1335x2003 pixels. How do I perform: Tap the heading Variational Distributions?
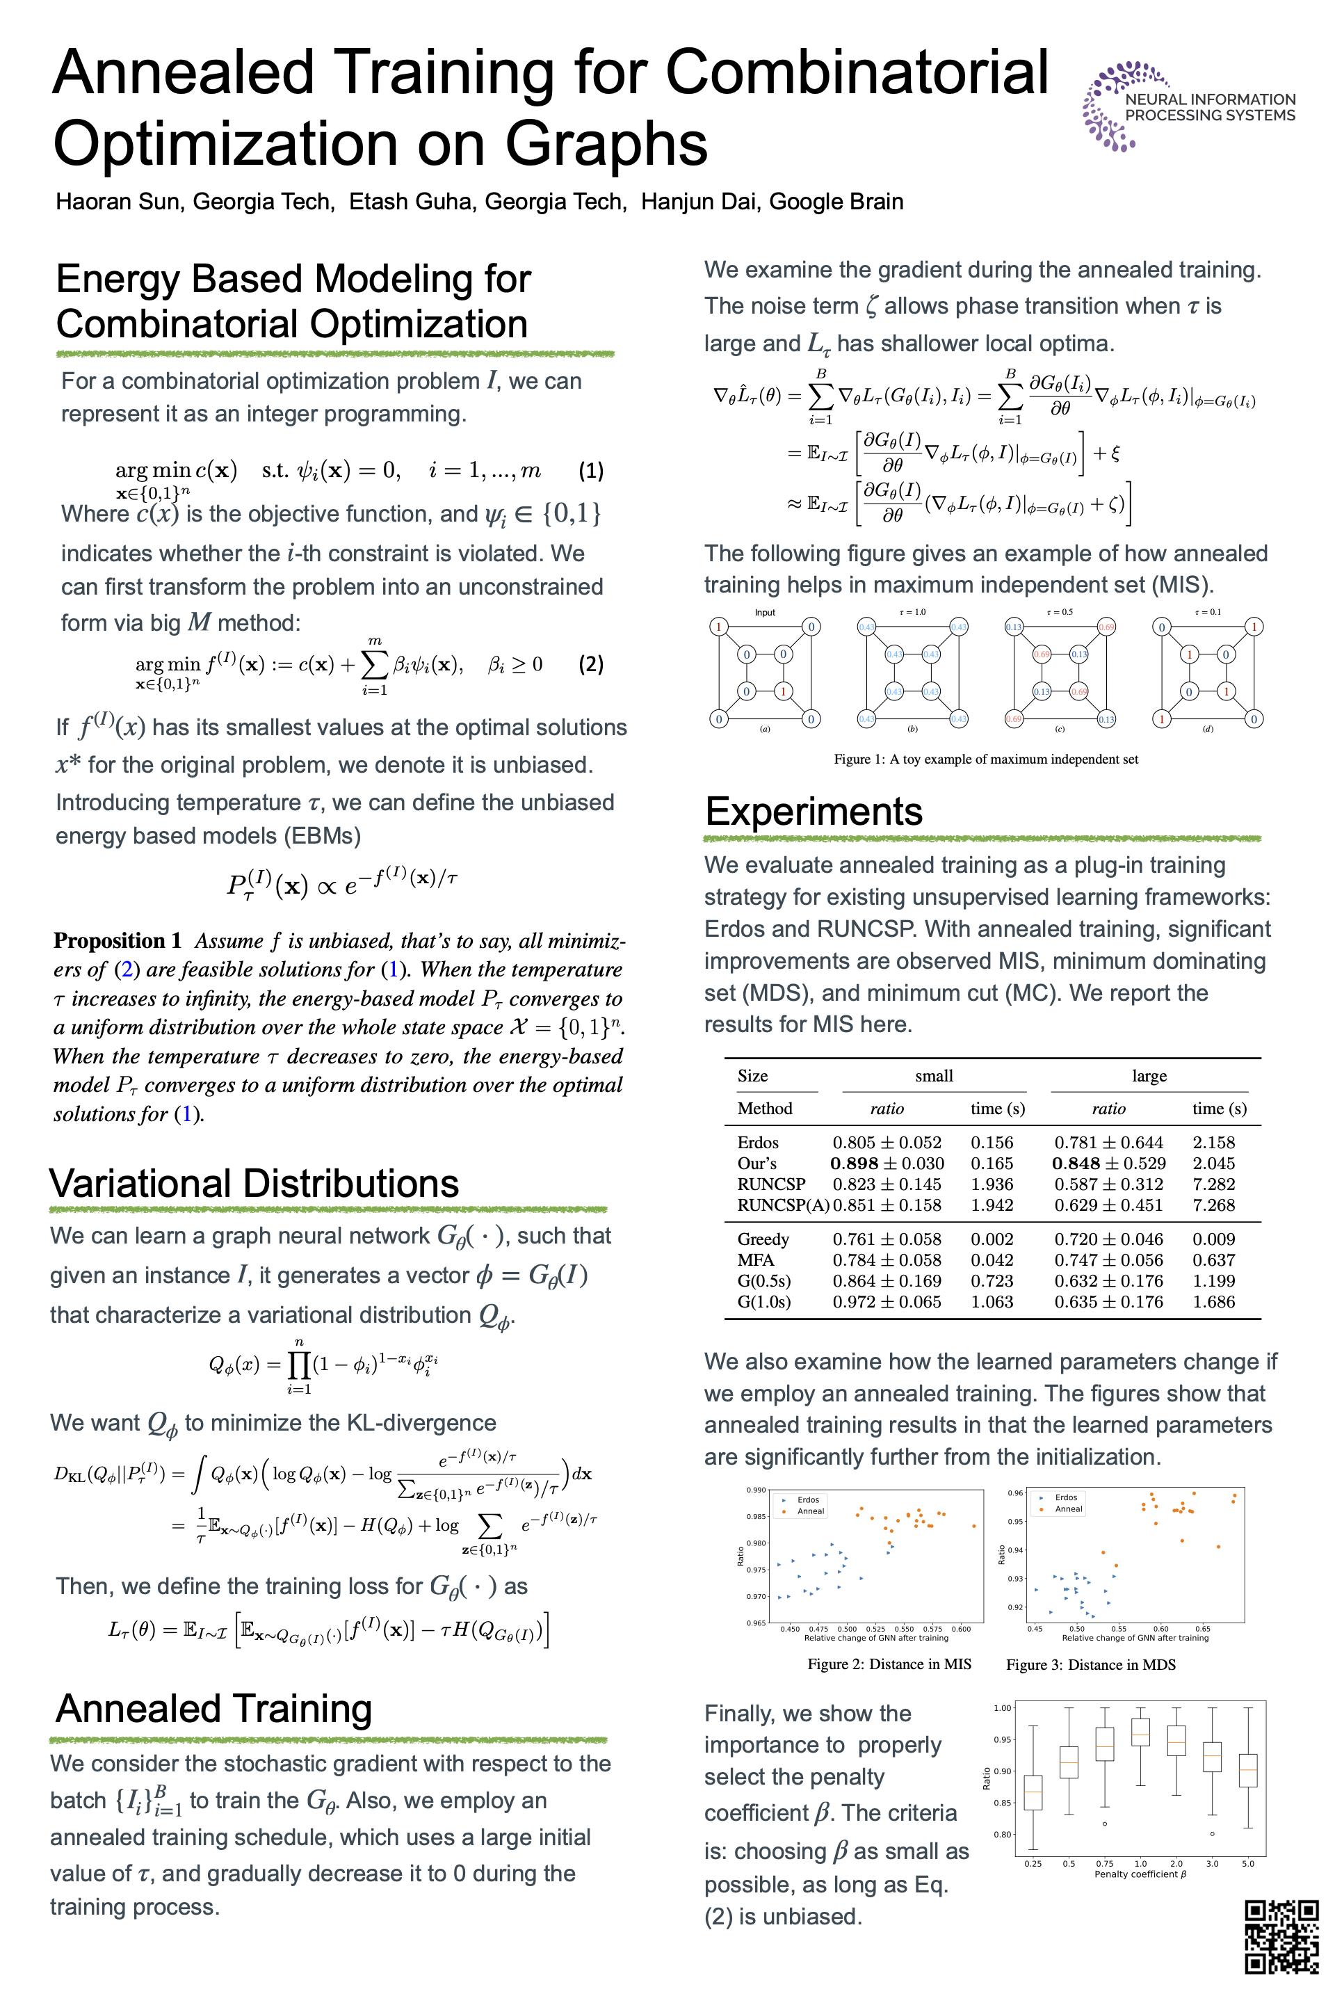[x=254, y=1184]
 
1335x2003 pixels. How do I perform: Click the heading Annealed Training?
[x=213, y=1710]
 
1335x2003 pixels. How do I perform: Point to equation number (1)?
[x=591, y=471]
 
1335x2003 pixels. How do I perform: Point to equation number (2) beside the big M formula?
[x=591, y=664]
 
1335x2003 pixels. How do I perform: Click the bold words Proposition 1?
[x=118, y=940]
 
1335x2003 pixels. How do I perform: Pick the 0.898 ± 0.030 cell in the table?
[x=887, y=1164]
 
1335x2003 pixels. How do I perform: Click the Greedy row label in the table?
[x=763, y=1239]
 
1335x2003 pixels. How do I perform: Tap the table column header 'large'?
[x=1149, y=1077]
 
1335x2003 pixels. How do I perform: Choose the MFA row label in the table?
[x=755, y=1260]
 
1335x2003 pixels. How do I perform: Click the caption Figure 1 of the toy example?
[x=985, y=759]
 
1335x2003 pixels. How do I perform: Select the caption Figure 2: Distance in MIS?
[x=889, y=1664]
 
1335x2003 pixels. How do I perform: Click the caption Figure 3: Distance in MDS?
[x=1091, y=1665]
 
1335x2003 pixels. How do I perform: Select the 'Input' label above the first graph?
[x=765, y=612]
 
